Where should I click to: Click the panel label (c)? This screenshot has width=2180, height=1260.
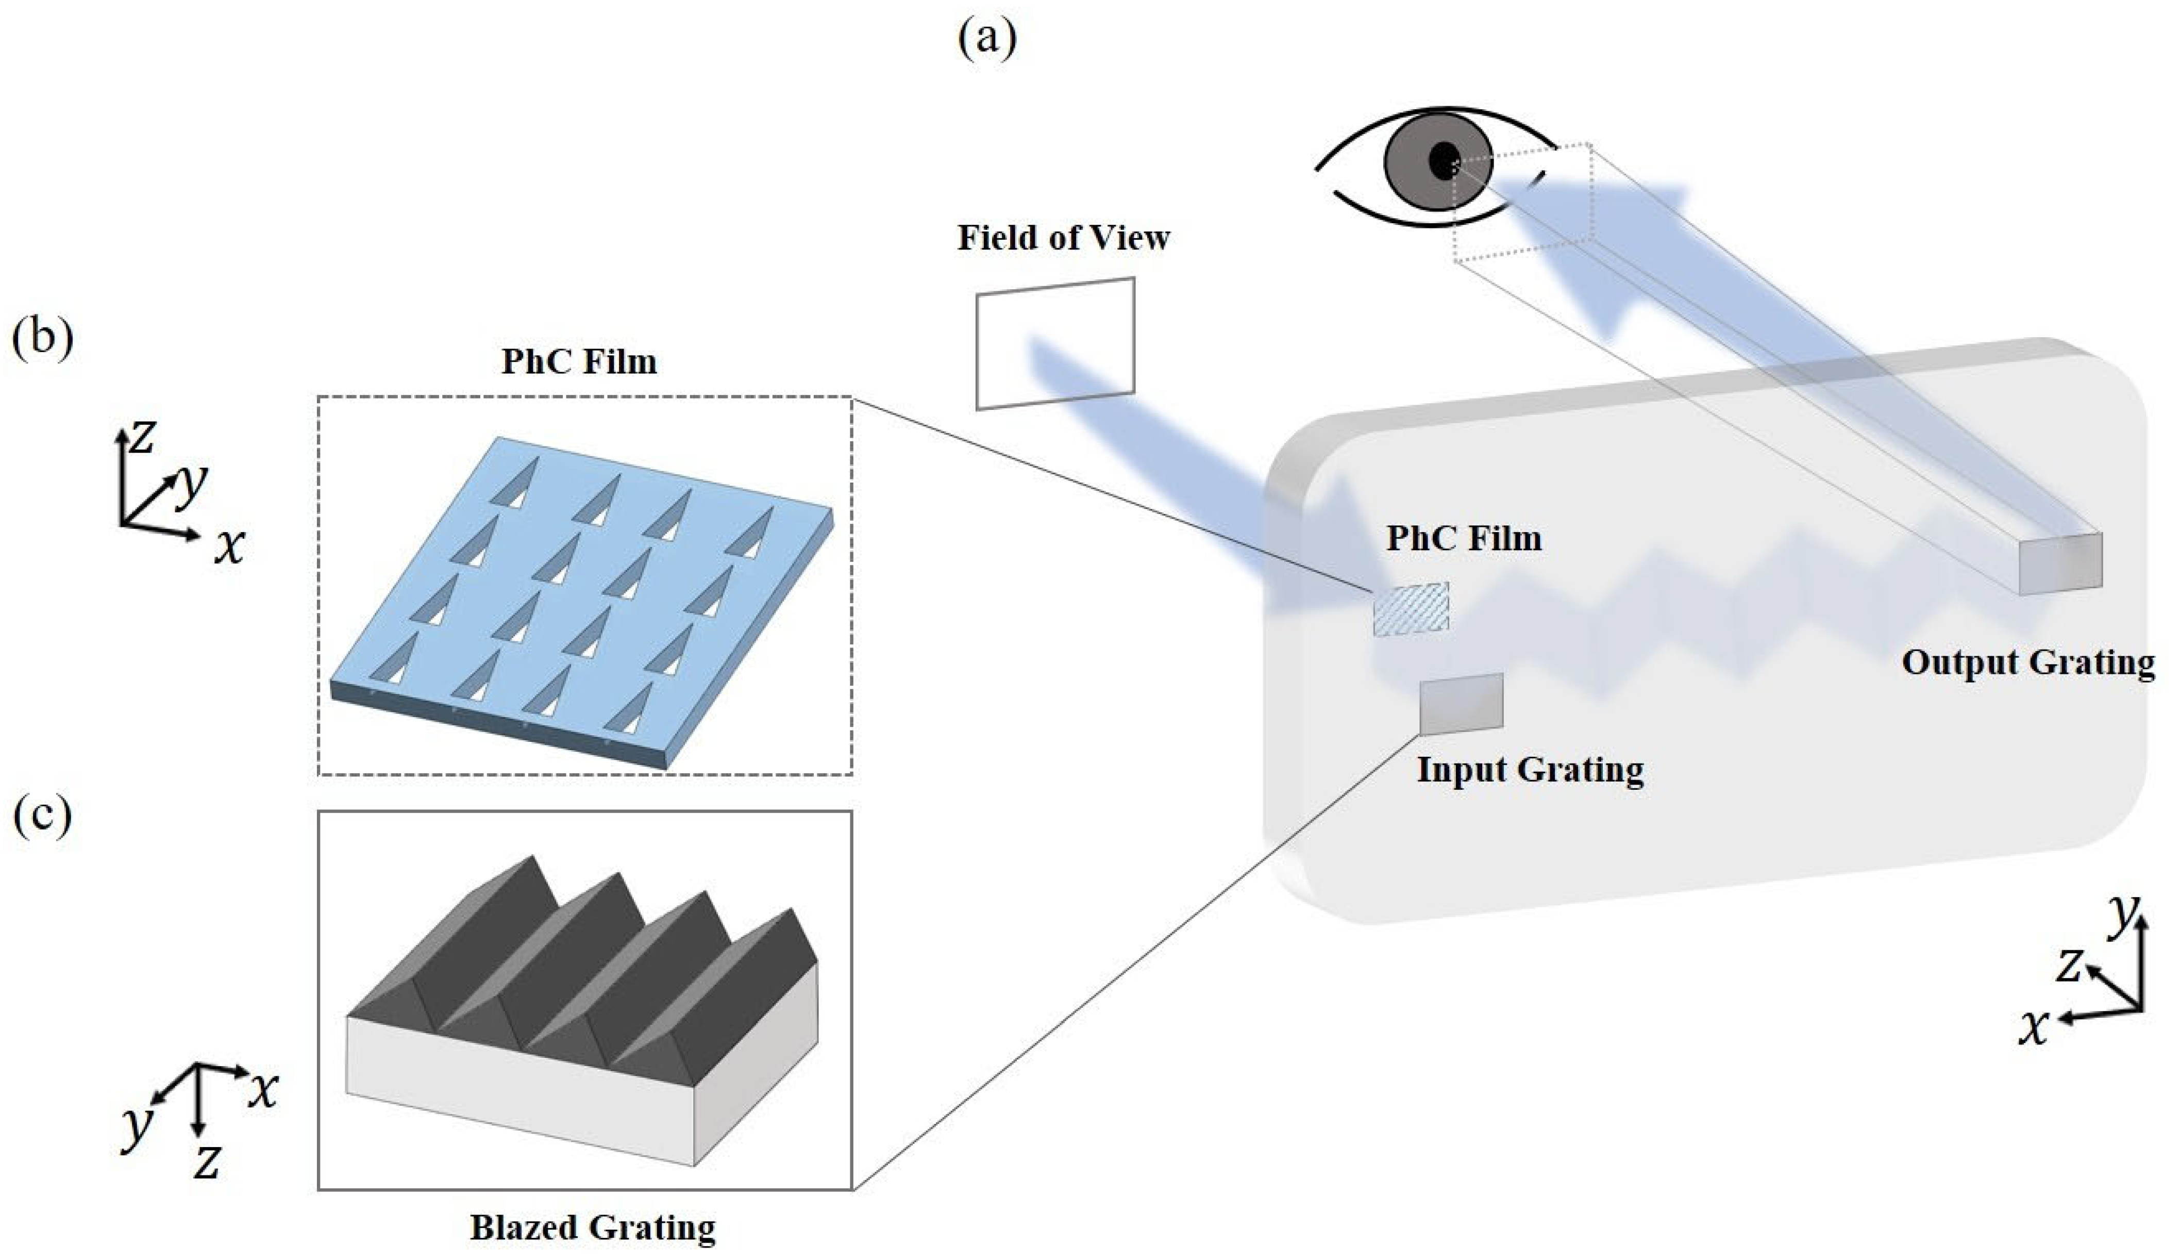click(42, 818)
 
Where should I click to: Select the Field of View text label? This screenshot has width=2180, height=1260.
click(1063, 238)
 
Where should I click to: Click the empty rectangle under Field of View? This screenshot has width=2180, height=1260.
click(1054, 343)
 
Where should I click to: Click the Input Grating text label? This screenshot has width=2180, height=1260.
click(1530, 770)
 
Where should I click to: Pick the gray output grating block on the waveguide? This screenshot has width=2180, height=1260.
click(2060, 563)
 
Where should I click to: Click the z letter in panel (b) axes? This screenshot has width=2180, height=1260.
click(141, 437)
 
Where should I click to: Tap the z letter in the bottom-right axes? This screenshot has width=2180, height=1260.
click(2068, 966)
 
